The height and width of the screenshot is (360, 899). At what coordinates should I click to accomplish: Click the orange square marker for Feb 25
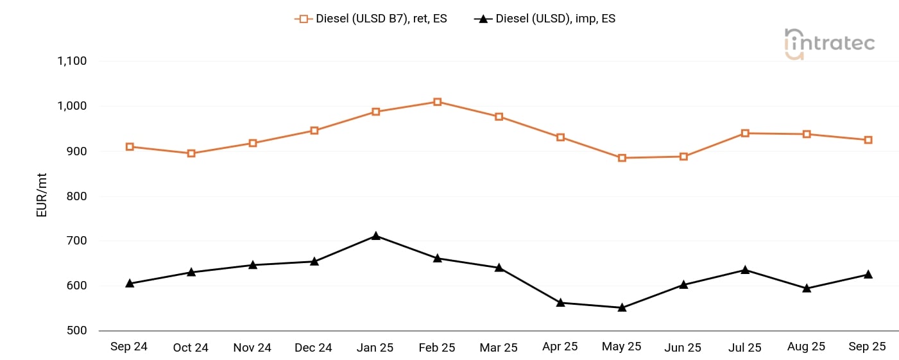pos(437,102)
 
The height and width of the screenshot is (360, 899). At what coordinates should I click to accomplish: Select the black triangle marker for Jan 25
pos(376,236)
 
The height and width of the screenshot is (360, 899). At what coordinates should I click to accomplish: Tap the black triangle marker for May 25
pos(622,307)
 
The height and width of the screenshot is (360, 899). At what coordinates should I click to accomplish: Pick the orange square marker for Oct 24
pos(191,153)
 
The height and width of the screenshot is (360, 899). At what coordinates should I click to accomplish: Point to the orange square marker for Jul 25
pos(745,133)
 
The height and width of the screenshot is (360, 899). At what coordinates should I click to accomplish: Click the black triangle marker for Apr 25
pos(560,302)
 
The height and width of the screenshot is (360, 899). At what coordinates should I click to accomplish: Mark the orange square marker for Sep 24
pos(130,147)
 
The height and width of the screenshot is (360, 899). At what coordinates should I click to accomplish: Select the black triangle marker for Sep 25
pos(868,275)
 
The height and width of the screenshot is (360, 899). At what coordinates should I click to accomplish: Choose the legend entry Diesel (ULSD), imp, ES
pos(545,19)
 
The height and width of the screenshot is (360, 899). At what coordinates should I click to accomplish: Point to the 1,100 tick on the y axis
pos(72,61)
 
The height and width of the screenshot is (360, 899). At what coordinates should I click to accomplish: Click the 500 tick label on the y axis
pos(76,330)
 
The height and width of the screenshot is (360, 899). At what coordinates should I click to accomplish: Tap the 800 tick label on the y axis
pos(76,196)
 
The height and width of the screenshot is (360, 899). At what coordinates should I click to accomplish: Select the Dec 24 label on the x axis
pos(313,347)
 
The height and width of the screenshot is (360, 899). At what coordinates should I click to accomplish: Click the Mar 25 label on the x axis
pos(499,347)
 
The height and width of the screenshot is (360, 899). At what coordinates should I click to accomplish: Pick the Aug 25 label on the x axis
pos(806,347)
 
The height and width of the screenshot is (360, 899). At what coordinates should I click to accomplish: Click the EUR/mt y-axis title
pos(42,196)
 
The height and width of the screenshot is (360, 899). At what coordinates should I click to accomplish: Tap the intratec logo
pos(829,44)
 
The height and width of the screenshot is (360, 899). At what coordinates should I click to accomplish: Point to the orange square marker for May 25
pos(622,158)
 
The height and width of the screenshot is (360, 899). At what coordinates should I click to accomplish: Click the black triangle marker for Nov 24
pos(253,264)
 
